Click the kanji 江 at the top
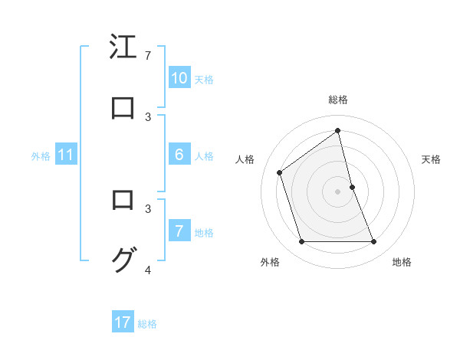coord(123,47)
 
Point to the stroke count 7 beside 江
coord(148,56)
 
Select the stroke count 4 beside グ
coord(148,270)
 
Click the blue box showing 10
coord(179,78)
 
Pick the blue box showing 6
coord(179,155)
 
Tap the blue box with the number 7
coord(179,231)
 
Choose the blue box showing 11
coord(65,155)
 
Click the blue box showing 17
coord(123,322)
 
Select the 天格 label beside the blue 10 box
coord(204,80)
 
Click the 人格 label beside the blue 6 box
coord(204,156)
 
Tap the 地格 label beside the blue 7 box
coord(204,233)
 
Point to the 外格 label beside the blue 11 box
coord(41,156)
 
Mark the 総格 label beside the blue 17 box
coord(147,324)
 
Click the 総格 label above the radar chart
coord(338,100)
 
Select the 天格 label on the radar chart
coord(432,159)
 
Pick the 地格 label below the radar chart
coord(402,263)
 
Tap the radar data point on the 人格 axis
coord(280,172)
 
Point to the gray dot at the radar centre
coord(338,191)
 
